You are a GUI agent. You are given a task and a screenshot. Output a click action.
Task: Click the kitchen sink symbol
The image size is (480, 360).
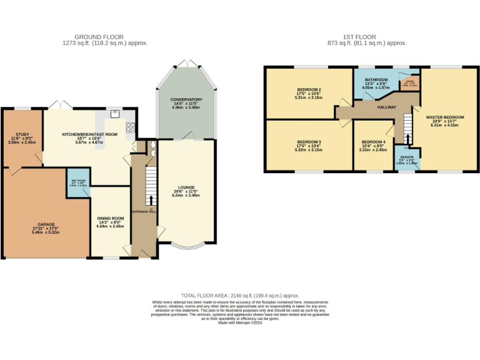coord(116,114)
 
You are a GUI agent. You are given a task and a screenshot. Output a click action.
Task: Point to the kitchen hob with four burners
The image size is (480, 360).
coord(130,127)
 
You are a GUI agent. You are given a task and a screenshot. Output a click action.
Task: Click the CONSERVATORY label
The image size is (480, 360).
coord(186,100)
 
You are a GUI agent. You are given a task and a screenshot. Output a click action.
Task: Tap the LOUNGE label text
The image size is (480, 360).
coord(186,187)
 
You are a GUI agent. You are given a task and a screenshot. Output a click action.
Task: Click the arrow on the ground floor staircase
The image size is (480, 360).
coord(150,201)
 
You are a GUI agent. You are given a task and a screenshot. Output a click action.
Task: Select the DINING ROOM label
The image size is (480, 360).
coord(111,218)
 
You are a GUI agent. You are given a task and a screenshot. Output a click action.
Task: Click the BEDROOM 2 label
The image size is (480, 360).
coord(309,90)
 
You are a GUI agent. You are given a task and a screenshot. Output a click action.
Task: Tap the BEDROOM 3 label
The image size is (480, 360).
coord(309,142)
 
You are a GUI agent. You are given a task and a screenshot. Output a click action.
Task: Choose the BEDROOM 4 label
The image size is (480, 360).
coord(374,142)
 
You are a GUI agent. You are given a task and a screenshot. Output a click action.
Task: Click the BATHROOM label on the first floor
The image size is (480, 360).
coord(377,80)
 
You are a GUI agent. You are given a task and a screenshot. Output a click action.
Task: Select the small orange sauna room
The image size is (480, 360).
coord(410,82)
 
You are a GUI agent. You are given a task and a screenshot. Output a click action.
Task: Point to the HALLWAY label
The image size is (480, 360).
coord(387,107)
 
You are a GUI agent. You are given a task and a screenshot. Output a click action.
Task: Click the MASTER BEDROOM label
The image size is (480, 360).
coord(445,117)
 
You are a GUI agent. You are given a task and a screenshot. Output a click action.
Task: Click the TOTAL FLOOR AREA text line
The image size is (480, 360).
coord(240,294)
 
